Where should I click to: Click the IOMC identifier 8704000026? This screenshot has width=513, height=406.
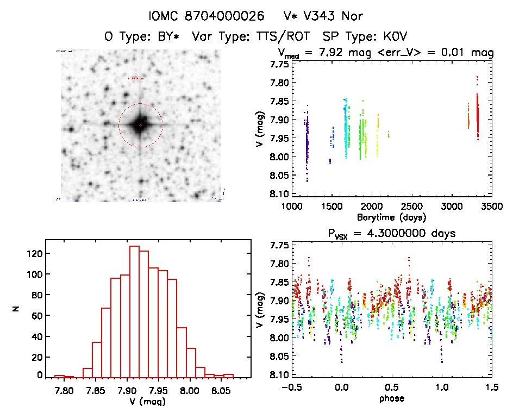coord(224,15)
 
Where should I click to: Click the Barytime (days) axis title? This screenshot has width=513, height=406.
coord(391,217)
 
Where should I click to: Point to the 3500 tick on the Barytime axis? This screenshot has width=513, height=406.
coord(492,206)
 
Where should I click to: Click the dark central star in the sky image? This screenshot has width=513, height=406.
coord(140,125)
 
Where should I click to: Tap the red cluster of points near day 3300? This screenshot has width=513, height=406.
coord(478,117)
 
